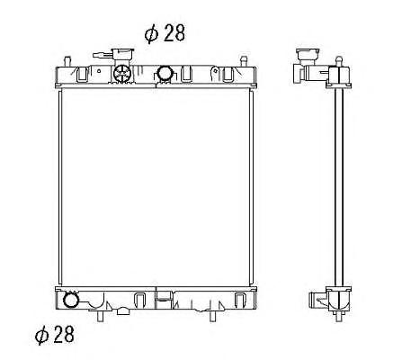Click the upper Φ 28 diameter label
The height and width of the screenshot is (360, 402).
coord(165,32)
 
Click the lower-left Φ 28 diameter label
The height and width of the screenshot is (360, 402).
coord(54,335)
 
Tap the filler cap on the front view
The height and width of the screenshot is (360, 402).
coord(122,56)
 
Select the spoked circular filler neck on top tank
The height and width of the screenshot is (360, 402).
coord(122,73)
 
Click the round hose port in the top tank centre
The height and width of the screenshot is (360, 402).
coord(165,73)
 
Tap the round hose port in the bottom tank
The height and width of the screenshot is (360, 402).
coord(71,300)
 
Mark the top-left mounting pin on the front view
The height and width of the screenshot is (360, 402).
coord(67,61)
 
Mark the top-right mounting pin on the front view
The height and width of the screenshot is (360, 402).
coord(244,61)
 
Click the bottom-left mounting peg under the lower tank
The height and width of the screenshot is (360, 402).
coord(101,316)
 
